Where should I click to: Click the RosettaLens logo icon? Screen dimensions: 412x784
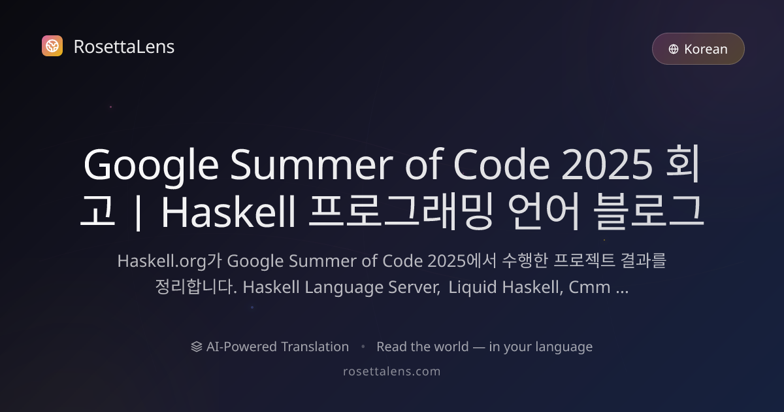[52, 46]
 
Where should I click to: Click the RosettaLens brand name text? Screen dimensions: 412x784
[123, 46]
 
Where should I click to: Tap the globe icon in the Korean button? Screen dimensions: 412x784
[674, 49]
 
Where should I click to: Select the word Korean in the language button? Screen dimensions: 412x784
[706, 49]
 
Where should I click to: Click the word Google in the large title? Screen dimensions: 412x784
[150, 166]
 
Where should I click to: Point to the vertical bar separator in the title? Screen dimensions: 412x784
[137, 213]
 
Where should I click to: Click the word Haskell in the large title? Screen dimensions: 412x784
[229, 213]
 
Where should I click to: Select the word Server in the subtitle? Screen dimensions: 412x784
[414, 288]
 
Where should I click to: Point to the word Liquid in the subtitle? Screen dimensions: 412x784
[471, 288]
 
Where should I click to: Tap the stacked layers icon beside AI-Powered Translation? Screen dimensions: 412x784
[196, 347]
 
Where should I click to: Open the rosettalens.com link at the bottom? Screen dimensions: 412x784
[392, 371]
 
